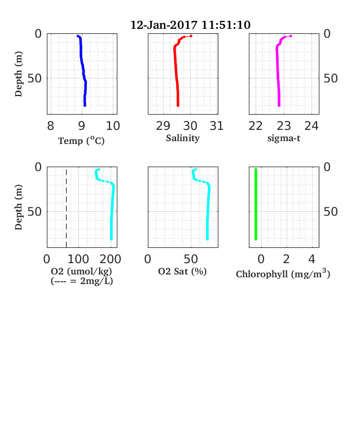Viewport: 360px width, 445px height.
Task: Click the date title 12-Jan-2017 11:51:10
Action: [x=190, y=25]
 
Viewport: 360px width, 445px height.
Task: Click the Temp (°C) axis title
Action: [x=81, y=141]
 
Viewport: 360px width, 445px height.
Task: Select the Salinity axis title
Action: [x=183, y=138]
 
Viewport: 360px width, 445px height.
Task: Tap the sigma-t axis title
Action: [x=284, y=138]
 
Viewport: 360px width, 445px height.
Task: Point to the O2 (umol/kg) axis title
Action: [x=81, y=272]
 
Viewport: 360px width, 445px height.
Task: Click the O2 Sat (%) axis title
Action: [x=182, y=272]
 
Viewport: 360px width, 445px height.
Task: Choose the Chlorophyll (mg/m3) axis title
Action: [x=283, y=273]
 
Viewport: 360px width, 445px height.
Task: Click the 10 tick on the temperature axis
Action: [x=113, y=126]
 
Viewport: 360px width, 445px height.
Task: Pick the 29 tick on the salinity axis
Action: [x=163, y=126]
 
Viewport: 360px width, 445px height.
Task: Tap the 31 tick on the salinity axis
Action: [x=217, y=126]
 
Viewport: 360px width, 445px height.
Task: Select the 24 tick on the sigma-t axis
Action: [x=311, y=126]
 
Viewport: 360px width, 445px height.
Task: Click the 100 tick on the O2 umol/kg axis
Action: [x=78, y=259]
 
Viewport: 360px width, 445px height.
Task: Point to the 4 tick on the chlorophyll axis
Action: [x=312, y=259]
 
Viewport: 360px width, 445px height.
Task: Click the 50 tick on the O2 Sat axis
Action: [x=191, y=259]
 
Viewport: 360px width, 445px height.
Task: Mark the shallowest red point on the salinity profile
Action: [x=191, y=36]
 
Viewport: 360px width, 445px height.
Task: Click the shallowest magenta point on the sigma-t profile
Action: [x=291, y=36]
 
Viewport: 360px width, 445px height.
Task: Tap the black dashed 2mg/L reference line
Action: [x=67, y=208]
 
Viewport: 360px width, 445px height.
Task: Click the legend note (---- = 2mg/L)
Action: [x=82, y=281]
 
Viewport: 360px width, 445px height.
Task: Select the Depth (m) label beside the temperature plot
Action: [x=19, y=74]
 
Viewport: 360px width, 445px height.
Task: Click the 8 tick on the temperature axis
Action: [x=50, y=126]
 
